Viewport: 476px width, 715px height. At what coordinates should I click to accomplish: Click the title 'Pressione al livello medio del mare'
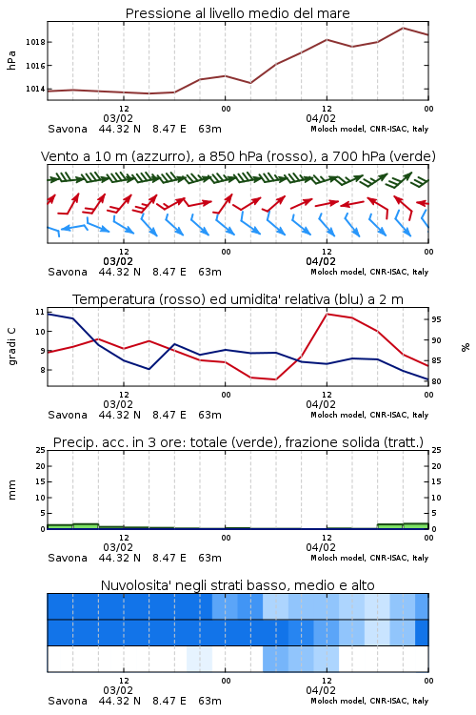[x=237, y=13]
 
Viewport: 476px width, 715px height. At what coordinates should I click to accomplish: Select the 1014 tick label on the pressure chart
[x=35, y=89]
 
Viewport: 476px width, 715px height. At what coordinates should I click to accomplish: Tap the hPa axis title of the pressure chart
[x=11, y=60]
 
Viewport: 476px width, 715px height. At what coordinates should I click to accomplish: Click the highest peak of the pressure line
[x=403, y=28]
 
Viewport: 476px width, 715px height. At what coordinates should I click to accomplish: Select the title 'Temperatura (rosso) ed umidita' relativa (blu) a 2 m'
[x=238, y=299]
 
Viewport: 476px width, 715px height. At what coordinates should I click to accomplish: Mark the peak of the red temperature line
[x=327, y=314]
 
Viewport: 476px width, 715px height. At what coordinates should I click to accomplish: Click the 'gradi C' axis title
[x=12, y=346]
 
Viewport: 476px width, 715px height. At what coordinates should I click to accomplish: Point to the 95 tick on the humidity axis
[x=436, y=319]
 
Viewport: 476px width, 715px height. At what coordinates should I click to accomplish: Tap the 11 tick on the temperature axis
[x=40, y=312]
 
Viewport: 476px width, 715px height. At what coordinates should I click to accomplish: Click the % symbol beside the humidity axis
[x=466, y=347]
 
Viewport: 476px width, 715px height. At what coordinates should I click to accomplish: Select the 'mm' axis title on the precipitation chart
[x=11, y=489]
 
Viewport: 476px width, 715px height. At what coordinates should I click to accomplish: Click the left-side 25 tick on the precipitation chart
[x=41, y=450]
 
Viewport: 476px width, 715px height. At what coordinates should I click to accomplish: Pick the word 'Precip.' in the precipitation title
[x=71, y=442]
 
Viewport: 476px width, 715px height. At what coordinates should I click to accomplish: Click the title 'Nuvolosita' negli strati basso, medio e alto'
[x=237, y=585]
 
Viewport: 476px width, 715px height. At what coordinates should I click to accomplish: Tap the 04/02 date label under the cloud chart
[x=321, y=690]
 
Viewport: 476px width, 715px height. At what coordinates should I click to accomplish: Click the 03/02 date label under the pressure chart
[x=118, y=118]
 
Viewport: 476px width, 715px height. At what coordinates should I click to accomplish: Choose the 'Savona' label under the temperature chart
[x=68, y=415]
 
